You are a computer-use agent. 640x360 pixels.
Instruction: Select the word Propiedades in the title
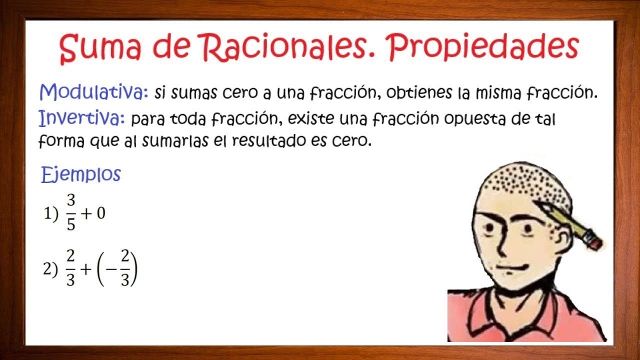[484, 49]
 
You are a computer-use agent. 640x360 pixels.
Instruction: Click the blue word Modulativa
[93, 92]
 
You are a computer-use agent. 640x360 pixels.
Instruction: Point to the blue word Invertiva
[81, 118]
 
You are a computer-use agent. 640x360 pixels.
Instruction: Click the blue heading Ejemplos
[81, 174]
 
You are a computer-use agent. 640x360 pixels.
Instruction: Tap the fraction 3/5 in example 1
[71, 213]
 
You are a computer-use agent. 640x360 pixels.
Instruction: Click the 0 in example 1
[100, 213]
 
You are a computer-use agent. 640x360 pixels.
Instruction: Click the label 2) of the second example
[50, 269]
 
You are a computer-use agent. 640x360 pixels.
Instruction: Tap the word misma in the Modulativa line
[485, 93]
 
